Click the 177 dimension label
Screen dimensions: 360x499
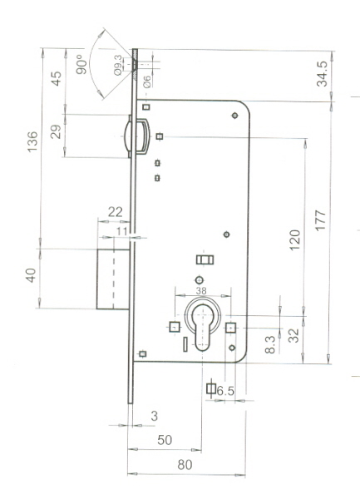click(321, 220)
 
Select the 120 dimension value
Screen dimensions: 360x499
click(295, 240)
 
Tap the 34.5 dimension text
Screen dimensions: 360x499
click(322, 74)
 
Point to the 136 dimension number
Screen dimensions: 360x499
click(32, 141)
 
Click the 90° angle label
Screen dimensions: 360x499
click(81, 64)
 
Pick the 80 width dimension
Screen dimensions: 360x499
click(185, 465)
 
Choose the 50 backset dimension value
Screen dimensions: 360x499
click(165, 440)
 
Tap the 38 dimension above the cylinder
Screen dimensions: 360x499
click(201, 290)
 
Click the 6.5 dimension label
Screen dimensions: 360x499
click(225, 391)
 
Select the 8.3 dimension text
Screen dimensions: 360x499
click(270, 344)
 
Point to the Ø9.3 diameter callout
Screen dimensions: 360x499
click(118, 65)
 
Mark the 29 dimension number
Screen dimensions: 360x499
click(56, 131)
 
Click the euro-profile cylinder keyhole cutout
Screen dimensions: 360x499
click(203, 327)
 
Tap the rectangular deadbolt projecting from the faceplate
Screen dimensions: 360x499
click(113, 279)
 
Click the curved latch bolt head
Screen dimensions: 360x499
click(127, 136)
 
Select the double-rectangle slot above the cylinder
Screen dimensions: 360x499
click(205, 260)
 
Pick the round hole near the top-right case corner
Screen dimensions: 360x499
click(234, 116)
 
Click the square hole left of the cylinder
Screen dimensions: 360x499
click(175, 327)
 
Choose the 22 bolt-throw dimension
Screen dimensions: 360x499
click(115, 212)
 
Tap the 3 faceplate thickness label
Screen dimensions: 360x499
click(155, 416)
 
